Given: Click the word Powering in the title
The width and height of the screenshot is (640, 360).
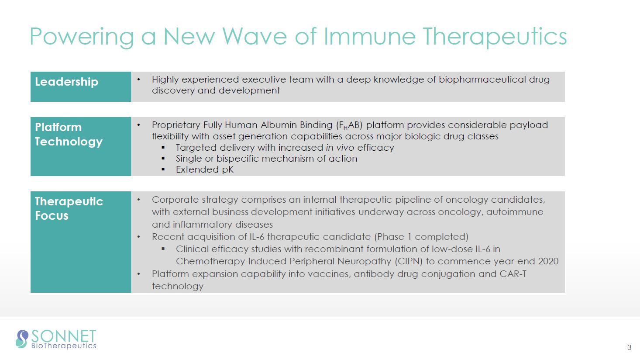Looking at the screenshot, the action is (x=82, y=37).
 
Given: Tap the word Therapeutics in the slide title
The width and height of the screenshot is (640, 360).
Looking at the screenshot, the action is (x=495, y=37).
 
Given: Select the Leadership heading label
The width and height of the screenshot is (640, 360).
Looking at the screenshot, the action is (x=66, y=82).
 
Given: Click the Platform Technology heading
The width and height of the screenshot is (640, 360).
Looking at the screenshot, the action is (x=69, y=135).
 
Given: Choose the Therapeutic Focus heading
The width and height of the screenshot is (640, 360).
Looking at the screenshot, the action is (x=69, y=208).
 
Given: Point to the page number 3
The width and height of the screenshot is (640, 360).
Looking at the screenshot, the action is (x=629, y=347).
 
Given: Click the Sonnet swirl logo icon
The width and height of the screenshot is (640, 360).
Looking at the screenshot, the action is (x=22, y=339).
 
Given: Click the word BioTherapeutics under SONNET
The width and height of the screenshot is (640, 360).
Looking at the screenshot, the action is (x=64, y=346).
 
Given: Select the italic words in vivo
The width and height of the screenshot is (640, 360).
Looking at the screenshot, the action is (x=340, y=148).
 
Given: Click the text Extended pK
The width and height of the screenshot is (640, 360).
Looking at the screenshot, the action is (x=205, y=170).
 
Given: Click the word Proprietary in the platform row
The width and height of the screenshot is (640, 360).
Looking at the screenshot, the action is (x=176, y=125).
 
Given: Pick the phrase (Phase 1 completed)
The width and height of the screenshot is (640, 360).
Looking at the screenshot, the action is (x=421, y=237).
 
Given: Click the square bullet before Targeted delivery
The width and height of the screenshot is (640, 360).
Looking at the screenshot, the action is (x=163, y=148).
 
